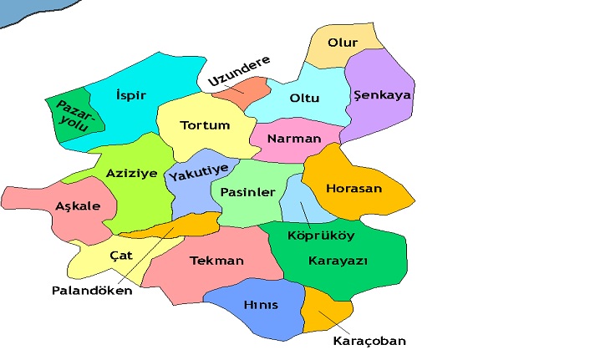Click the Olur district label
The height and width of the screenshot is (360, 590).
point(343,43)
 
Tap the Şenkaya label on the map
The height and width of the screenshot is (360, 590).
point(383,95)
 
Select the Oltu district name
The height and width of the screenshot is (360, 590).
point(304,98)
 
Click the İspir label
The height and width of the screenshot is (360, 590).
point(131,95)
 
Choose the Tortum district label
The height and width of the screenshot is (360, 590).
point(205,126)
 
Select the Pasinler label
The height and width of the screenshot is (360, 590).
point(247,192)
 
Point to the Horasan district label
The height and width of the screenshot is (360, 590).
point(353,189)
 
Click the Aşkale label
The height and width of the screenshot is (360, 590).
point(77,206)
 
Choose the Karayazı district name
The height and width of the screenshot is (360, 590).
point(338,261)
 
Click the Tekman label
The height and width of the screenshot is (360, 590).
point(216,261)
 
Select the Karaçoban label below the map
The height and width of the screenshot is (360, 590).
point(369,342)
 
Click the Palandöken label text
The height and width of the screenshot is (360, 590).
point(92,292)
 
